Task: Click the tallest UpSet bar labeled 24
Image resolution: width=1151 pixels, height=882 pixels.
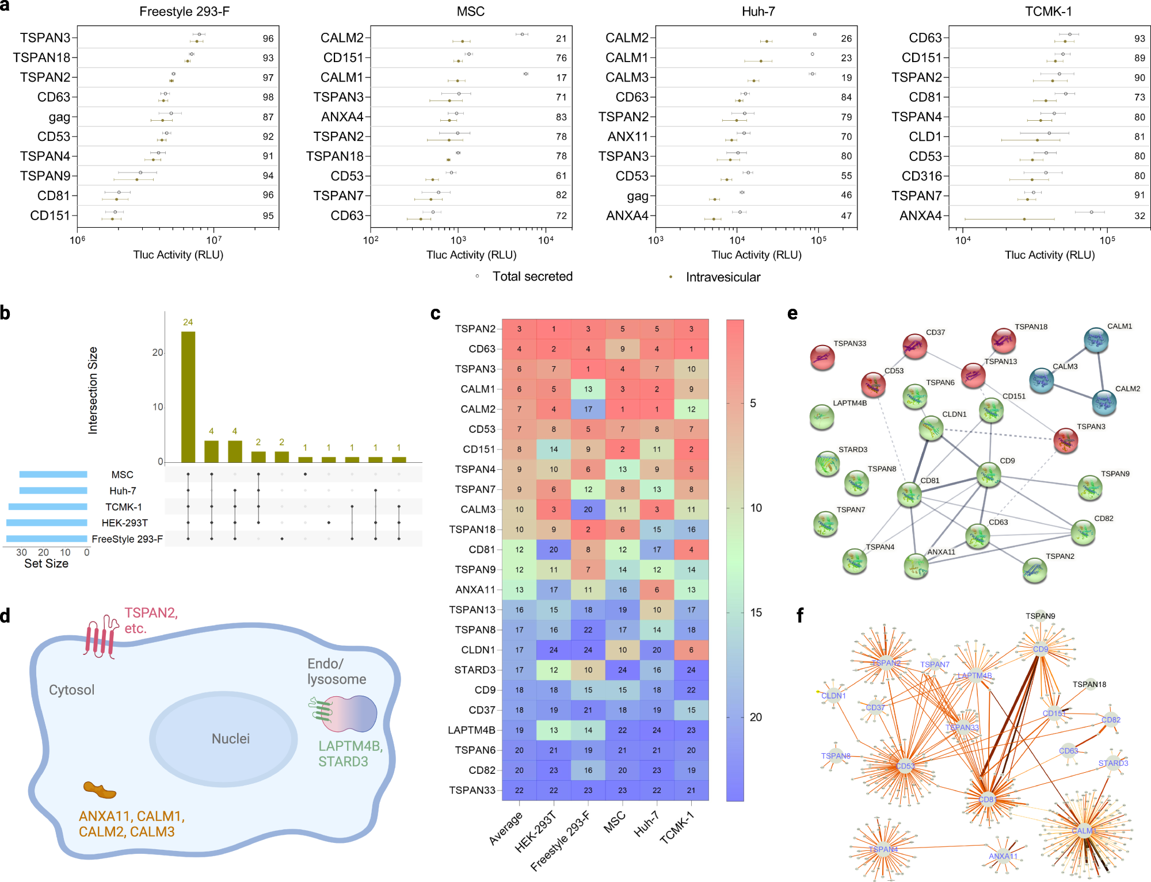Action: coord(188,397)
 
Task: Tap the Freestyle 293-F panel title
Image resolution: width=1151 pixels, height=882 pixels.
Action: coord(184,11)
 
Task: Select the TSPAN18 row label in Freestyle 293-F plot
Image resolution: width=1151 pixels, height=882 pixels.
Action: coord(41,57)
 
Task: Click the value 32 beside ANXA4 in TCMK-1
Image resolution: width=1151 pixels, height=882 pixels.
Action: coord(1139,216)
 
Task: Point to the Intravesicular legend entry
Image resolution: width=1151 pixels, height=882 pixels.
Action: coord(722,277)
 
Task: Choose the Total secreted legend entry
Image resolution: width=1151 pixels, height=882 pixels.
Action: coord(532,277)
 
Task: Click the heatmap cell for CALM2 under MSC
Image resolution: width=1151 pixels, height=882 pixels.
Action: coord(622,409)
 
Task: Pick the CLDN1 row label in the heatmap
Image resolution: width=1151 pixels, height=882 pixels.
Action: coord(478,650)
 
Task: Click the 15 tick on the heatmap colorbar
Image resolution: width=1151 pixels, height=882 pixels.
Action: coord(756,612)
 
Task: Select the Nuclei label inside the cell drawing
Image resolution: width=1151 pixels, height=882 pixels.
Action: coord(230,739)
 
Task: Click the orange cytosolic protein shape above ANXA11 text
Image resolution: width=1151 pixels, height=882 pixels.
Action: coord(100,790)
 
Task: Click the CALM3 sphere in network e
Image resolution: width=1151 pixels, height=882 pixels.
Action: coord(1041,380)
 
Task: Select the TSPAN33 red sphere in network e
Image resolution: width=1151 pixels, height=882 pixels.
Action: coord(822,357)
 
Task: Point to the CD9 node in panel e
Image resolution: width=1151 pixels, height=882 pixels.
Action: coord(989,475)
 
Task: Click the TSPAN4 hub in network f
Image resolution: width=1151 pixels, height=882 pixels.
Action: coord(883,849)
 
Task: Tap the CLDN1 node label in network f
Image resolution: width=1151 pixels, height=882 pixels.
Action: coord(833,696)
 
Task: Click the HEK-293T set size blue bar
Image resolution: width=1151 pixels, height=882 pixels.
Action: coord(47,523)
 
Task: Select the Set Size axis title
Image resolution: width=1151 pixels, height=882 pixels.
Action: coord(46,563)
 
